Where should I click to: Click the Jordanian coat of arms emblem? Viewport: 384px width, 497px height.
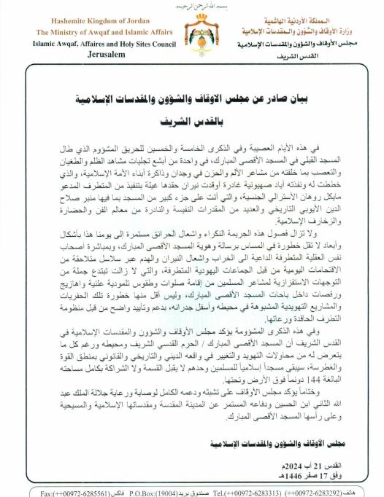click(x=191, y=37)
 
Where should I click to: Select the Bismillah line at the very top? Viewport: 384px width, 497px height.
click(x=191, y=5)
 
